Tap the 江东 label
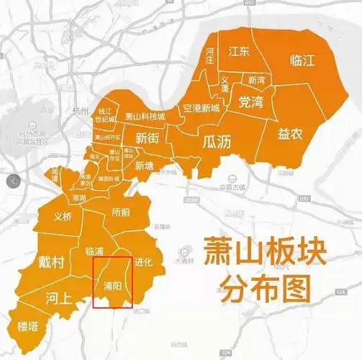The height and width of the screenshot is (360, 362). click(x=238, y=52)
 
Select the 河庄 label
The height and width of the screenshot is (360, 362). click(x=209, y=55)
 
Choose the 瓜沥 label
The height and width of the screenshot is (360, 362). click(x=217, y=141)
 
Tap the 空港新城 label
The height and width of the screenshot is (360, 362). click(x=201, y=109)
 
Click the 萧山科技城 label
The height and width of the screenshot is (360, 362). click(x=145, y=116)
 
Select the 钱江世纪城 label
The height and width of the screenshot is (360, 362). click(x=106, y=114)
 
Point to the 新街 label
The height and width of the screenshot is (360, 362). click(x=148, y=139)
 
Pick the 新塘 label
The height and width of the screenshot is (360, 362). click(x=145, y=165)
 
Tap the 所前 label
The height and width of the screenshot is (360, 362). click(x=121, y=212)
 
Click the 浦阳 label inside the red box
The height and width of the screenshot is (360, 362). click(x=112, y=284)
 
